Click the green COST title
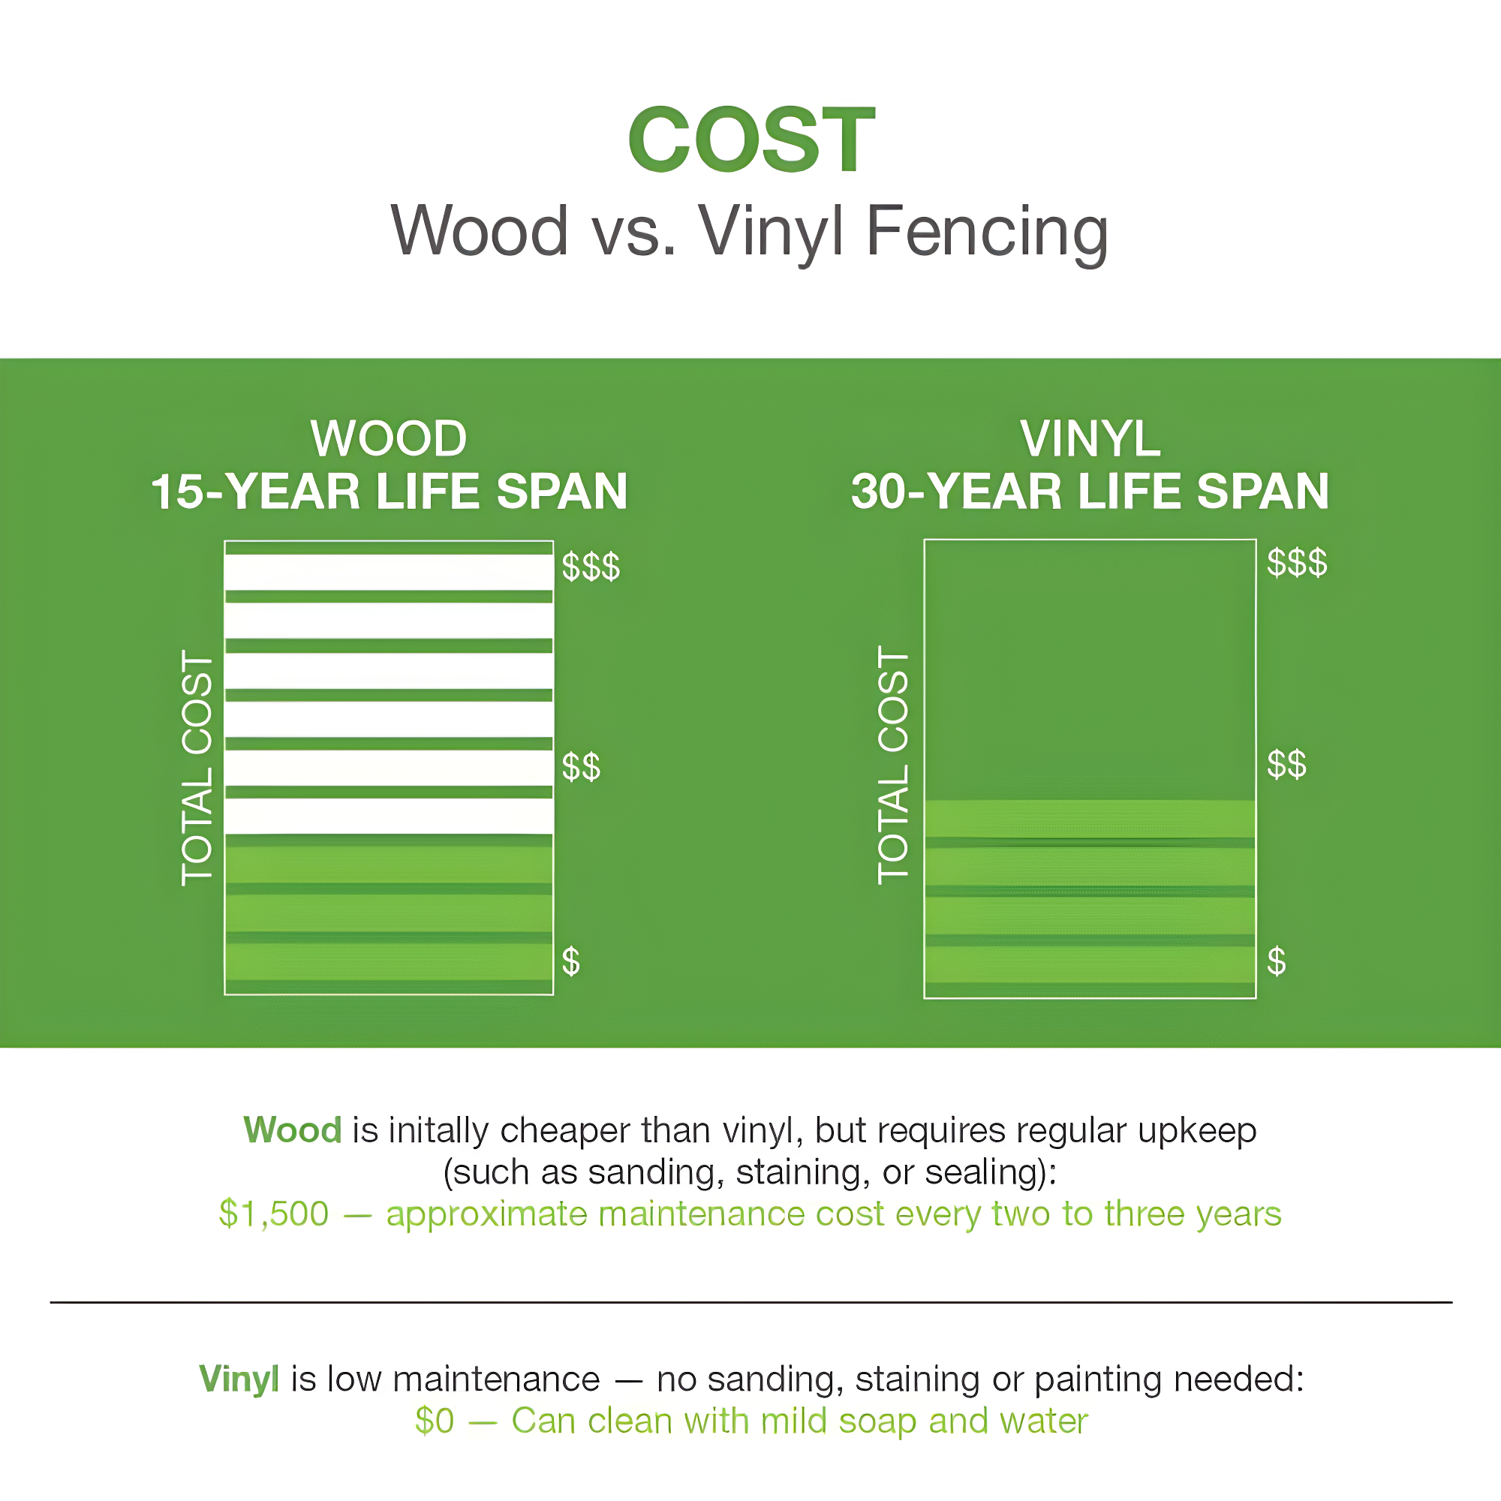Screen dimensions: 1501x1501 [751, 140]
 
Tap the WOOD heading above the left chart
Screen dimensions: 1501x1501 [389, 438]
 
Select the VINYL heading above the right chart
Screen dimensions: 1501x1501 [1090, 439]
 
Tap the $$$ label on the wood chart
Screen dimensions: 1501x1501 [591, 567]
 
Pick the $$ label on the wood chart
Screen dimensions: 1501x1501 [581, 767]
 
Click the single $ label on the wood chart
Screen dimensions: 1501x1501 [571, 962]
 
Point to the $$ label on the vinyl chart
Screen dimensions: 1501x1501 [1286, 764]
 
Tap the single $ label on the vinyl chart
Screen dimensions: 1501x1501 [1277, 961]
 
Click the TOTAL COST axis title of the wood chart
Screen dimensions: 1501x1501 [197, 769]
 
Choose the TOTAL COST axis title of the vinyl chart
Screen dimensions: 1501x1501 [892, 766]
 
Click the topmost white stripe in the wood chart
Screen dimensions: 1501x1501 [389, 572]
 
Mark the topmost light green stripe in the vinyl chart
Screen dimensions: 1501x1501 [1090, 819]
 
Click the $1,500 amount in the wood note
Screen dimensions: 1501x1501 [274, 1214]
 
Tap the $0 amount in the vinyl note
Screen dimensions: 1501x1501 [435, 1421]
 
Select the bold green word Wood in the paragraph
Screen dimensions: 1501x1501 [292, 1130]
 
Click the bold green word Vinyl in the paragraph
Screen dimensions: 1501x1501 [239, 1380]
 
